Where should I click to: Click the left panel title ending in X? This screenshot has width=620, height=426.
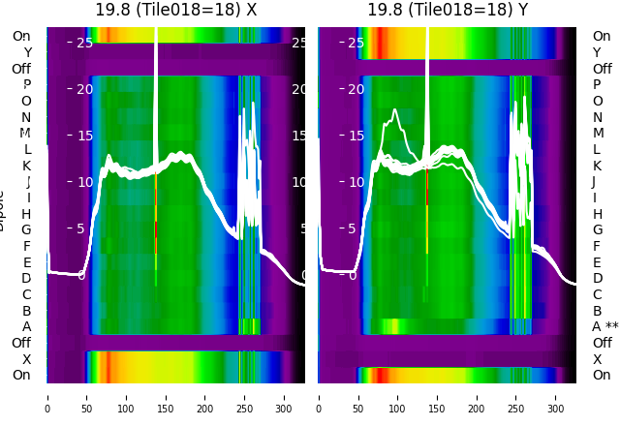pyautogui.click(x=175, y=11)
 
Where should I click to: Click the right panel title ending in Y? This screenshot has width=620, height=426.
pyautogui.click(x=448, y=11)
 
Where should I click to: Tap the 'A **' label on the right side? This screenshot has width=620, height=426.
pyautogui.click(x=604, y=326)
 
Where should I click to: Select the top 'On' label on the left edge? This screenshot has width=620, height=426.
pyautogui.click(x=21, y=37)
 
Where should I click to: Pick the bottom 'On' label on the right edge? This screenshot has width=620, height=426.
pyautogui.click(x=602, y=375)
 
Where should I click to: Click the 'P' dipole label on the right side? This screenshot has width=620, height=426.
pyautogui.click(x=598, y=85)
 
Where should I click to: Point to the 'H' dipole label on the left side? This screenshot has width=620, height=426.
pyautogui.click(x=26, y=214)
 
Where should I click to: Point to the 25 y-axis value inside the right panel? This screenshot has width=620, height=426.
pyautogui.click(x=356, y=43)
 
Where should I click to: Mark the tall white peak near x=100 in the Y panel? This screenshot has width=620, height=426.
pyautogui.click(x=394, y=111)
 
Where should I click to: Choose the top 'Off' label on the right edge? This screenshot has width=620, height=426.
pyautogui.click(x=602, y=69)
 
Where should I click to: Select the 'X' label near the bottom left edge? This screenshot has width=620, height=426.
pyautogui.click(x=26, y=359)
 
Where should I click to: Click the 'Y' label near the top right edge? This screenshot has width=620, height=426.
pyautogui.click(x=598, y=52)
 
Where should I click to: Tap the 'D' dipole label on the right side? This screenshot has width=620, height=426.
pyautogui.click(x=598, y=278)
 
